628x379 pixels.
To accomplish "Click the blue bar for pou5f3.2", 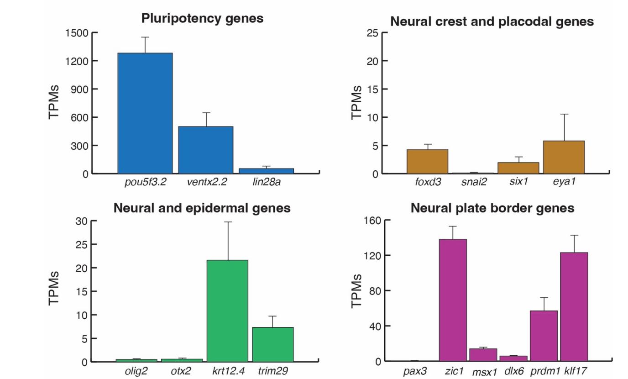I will tap(145, 113).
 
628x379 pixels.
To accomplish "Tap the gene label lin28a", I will tap(267, 182).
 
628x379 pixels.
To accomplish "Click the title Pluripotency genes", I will tap(202, 19).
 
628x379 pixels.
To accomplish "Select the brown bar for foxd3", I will tap(427, 162).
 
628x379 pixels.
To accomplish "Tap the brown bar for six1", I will tap(518, 168).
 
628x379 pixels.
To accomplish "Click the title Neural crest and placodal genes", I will tap(492, 21).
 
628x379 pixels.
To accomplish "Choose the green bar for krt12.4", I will tap(227, 311).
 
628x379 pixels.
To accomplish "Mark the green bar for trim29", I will tap(273, 345).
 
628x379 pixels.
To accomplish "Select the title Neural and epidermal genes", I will tap(202, 208).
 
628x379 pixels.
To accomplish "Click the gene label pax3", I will tap(415, 371).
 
